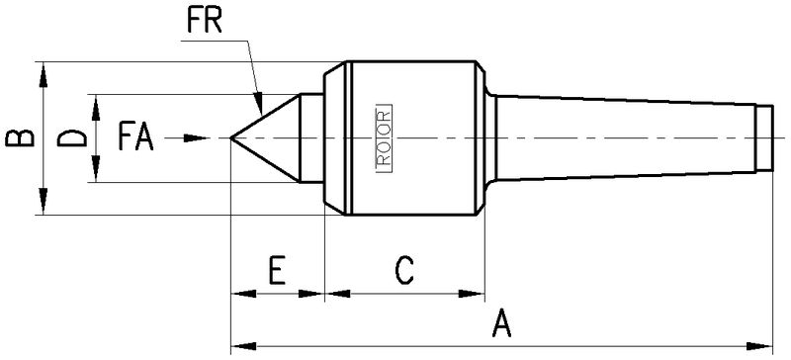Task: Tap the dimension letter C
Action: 403,269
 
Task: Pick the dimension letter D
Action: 70,138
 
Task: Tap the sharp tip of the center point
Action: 231,137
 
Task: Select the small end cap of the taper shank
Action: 762,137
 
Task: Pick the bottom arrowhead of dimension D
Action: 95,175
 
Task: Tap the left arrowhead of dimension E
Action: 237,293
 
